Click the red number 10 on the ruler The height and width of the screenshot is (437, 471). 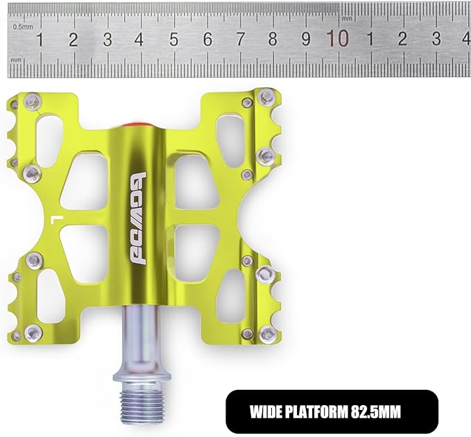(339, 38)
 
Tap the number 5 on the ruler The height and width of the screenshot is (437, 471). (173, 40)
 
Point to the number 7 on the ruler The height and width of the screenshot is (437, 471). (240, 39)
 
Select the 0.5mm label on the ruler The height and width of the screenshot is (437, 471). (23, 27)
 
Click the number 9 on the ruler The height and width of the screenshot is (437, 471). (305, 39)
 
